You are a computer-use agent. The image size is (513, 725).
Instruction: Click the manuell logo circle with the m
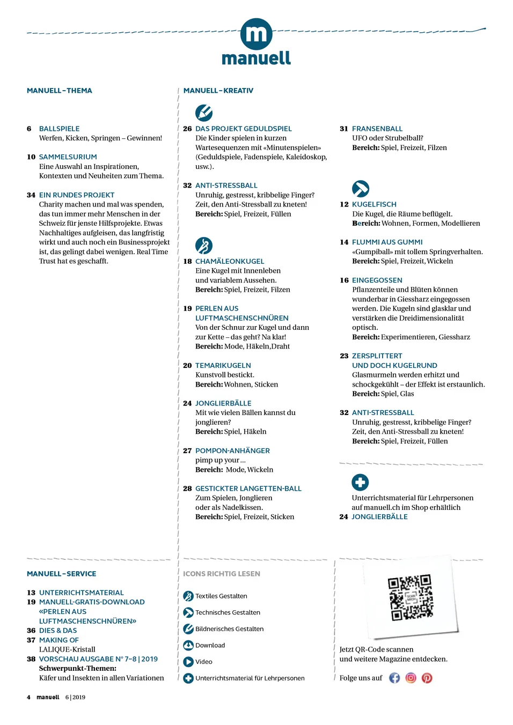pyautogui.click(x=256, y=34)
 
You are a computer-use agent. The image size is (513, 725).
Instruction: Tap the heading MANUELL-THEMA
pyautogui.click(x=59, y=91)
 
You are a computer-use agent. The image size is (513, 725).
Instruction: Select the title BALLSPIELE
pyautogui.click(x=59, y=129)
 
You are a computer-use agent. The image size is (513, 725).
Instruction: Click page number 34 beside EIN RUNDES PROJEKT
pyautogui.click(x=31, y=195)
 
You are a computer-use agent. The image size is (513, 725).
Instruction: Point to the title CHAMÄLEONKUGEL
pyautogui.click(x=230, y=261)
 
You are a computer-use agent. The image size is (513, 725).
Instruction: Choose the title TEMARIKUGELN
pyautogui.click(x=223, y=365)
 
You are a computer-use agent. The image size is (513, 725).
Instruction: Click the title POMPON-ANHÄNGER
pyautogui.click(x=232, y=450)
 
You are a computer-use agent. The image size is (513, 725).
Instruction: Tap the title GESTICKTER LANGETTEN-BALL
pyautogui.click(x=248, y=489)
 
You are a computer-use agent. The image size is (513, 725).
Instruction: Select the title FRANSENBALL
pyautogui.click(x=377, y=129)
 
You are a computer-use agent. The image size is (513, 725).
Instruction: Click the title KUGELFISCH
pyautogui.click(x=374, y=204)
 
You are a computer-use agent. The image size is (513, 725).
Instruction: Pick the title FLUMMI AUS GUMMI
pyautogui.click(x=387, y=242)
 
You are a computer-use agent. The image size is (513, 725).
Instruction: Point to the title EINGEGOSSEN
pyautogui.click(x=377, y=280)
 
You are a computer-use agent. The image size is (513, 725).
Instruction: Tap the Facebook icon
pyautogui.click(x=394, y=678)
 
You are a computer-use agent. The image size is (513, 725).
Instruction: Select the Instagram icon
pyautogui.click(x=411, y=678)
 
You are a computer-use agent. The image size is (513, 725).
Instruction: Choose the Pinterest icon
pyautogui.click(x=427, y=678)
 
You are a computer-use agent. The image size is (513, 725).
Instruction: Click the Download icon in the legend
pyautogui.click(x=188, y=645)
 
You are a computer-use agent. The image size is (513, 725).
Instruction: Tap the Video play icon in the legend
pyautogui.click(x=188, y=662)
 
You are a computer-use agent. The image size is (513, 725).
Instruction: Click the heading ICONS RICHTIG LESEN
pyautogui.click(x=221, y=574)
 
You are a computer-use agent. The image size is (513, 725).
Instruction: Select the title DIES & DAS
pyautogui.click(x=57, y=631)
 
